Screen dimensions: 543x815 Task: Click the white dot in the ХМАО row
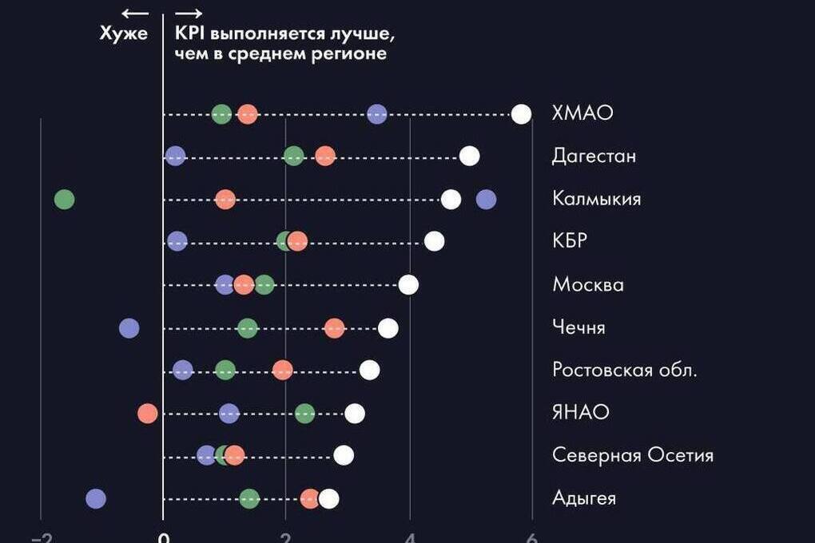pos(521,114)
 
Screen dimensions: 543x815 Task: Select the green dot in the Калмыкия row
pos(65,199)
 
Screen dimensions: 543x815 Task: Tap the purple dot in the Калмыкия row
pos(486,199)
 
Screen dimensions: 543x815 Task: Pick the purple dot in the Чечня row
pos(129,327)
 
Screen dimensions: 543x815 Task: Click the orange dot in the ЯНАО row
pos(147,413)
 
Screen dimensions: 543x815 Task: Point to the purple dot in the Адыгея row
pos(96,499)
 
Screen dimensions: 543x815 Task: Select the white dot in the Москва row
pos(408,284)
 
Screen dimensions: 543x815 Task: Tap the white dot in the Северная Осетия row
pos(344,455)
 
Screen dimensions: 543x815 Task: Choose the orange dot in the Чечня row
pos(335,327)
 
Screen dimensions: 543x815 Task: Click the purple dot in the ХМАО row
pos(377,114)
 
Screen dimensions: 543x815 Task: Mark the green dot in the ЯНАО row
pos(304,413)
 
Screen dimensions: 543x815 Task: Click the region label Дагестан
pos(594,156)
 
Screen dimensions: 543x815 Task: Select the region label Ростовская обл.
pos(625,371)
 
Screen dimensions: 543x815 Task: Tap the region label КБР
pos(570,241)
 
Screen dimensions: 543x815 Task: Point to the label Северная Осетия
pos(633,455)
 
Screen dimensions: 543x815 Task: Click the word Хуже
pos(124,34)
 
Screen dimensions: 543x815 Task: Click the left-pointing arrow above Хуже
pos(135,13)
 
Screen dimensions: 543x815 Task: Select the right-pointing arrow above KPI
pos(189,13)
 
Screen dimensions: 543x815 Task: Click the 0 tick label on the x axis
pos(163,538)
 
